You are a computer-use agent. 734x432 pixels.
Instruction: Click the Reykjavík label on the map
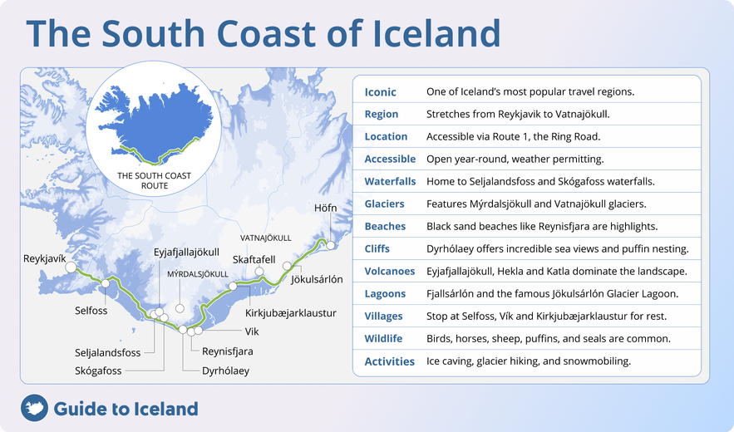[x=44, y=259]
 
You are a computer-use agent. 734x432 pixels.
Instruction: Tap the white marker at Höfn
[x=331, y=245]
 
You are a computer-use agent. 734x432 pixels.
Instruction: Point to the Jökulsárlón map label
[x=317, y=280]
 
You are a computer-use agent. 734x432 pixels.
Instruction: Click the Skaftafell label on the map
[x=254, y=259]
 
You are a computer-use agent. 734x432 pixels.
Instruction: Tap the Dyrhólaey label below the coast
[x=225, y=371]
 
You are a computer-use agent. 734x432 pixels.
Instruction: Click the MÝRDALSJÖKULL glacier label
[x=198, y=273]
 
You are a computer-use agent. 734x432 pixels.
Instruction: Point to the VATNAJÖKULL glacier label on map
[x=265, y=238]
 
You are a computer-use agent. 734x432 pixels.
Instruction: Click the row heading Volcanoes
[x=389, y=271]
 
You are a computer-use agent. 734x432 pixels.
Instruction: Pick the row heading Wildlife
[x=383, y=338]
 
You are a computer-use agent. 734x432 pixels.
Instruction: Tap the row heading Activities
[x=389, y=361]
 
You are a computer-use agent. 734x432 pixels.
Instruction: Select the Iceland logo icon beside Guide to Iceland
[x=34, y=408]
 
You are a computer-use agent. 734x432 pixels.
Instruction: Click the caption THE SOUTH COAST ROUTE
[x=155, y=180]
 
